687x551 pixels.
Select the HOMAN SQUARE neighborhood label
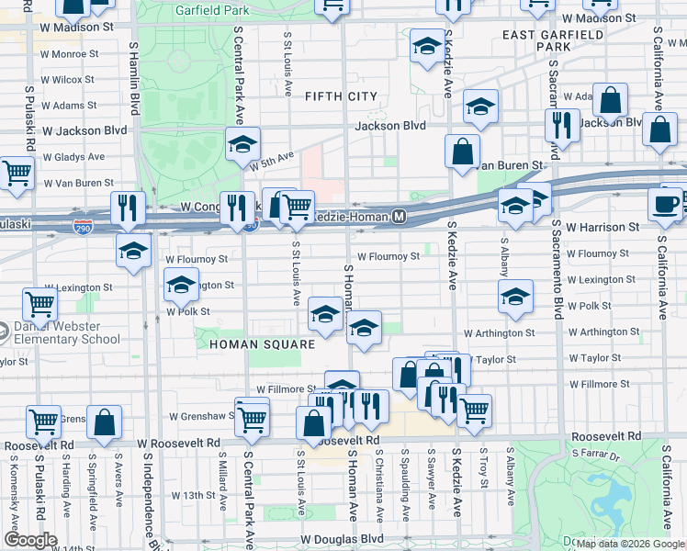(262, 344)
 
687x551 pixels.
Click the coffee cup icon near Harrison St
(666, 203)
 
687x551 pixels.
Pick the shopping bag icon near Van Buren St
(463, 149)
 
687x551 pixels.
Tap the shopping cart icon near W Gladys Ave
(16, 171)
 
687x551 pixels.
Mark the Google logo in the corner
(29, 540)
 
